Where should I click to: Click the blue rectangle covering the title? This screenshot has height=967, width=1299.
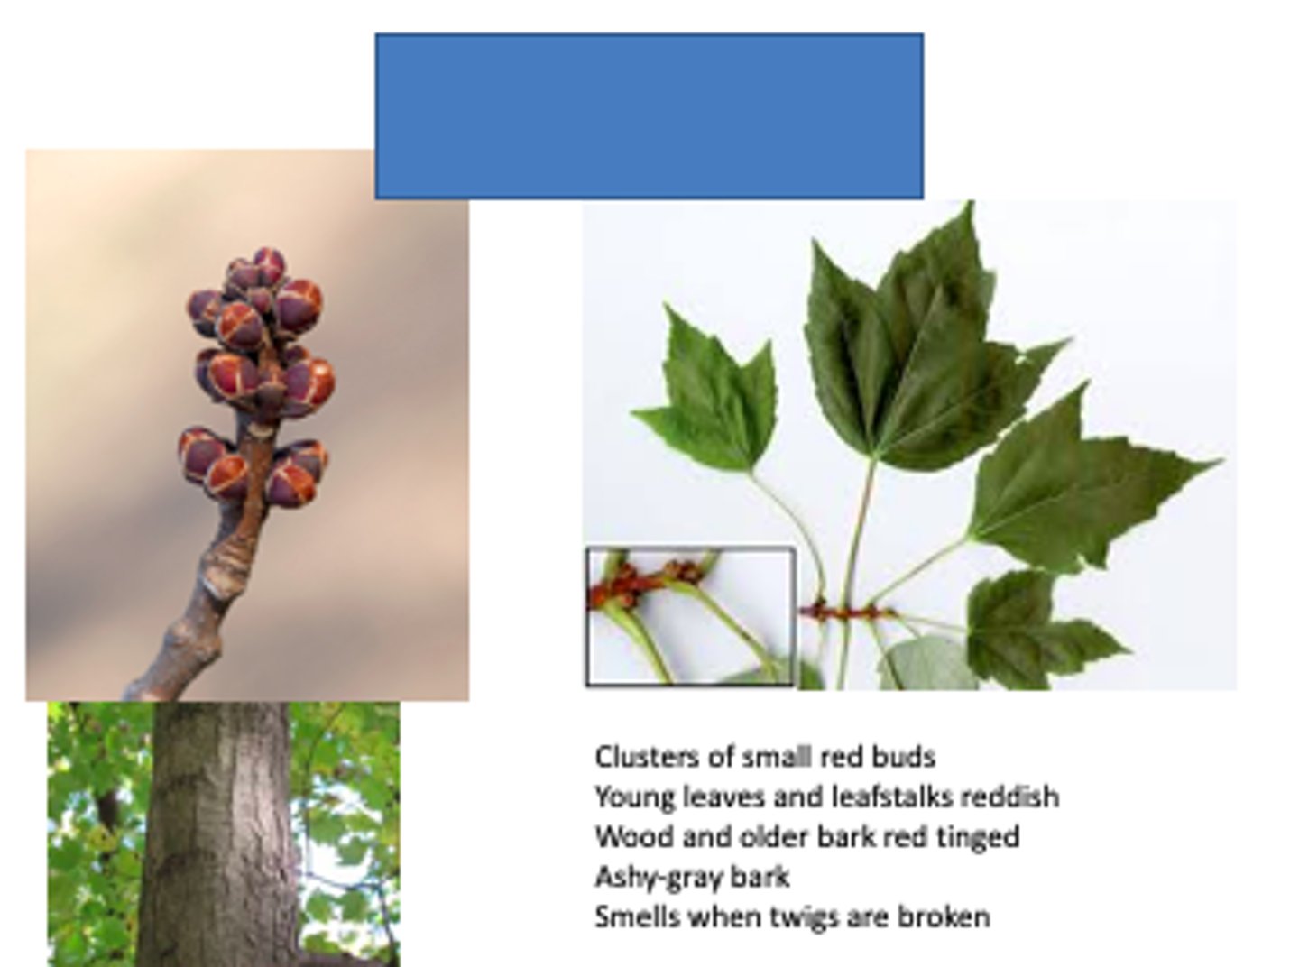click(649, 115)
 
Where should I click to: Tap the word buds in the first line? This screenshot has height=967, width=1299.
click(905, 756)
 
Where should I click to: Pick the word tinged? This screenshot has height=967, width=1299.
click(978, 837)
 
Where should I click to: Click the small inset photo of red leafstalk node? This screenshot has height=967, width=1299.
click(690, 615)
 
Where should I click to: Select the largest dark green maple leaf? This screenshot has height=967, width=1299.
click(902, 352)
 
